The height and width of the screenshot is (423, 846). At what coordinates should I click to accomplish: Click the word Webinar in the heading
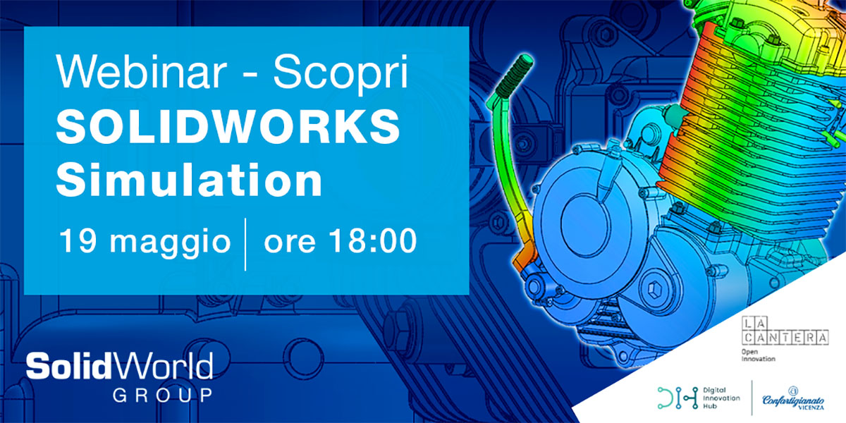pos(142,71)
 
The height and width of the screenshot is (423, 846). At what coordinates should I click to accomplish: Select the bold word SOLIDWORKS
pos(228,126)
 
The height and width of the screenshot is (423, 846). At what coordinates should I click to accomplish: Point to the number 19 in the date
pos(78,241)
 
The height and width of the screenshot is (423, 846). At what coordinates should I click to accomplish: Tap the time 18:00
pos(373,241)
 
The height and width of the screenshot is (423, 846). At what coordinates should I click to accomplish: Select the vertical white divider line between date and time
pos(245,245)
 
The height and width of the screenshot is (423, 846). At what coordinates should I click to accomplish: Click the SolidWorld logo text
pos(119,366)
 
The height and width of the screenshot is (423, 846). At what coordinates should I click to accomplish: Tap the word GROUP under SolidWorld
pos(163,395)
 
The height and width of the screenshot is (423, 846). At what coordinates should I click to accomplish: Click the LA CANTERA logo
pos(785,331)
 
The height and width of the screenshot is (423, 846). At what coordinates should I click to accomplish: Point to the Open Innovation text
pos(758,355)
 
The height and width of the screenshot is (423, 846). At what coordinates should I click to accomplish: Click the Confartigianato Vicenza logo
pos(793,398)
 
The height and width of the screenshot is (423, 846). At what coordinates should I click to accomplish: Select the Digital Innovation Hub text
pos(721,398)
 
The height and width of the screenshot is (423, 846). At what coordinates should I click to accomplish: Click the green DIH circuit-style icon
pos(678,398)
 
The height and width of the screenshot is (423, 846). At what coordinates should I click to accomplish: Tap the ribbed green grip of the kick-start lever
pos(515,75)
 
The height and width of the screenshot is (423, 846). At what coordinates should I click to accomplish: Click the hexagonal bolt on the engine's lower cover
pos(654,290)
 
